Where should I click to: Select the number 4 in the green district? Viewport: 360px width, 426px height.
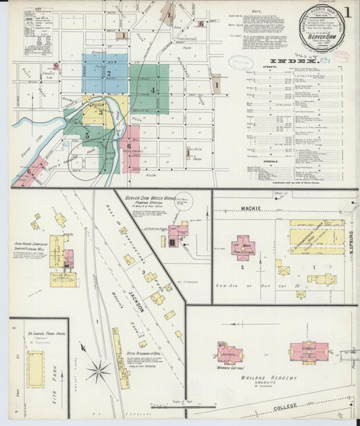click(153, 90)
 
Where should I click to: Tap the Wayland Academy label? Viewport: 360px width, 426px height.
click(268, 378)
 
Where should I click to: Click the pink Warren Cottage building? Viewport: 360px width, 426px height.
click(230, 353)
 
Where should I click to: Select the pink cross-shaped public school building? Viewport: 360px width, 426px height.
click(243, 248)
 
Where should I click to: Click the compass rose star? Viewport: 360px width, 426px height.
click(100, 370)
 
